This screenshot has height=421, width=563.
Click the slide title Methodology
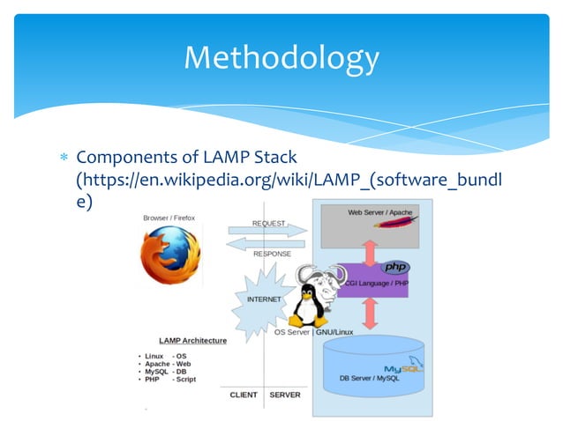[281, 58]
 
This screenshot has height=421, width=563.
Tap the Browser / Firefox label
[169, 218]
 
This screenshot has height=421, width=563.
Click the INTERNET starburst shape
[262, 298]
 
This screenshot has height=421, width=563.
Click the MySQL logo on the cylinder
[403, 368]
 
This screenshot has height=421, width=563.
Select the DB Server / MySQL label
[373, 380]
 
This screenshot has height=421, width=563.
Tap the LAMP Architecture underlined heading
[192, 340]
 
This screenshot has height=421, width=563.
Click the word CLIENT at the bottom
[243, 395]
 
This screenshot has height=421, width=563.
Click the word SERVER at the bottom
[284, 395]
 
